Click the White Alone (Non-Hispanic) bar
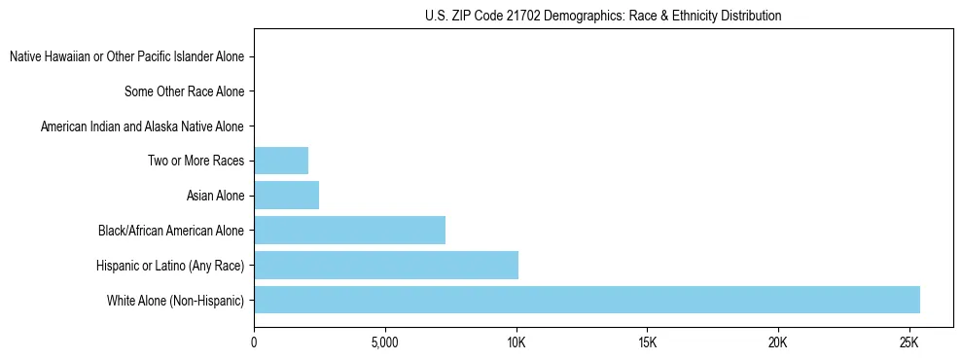click(x=587, y=300)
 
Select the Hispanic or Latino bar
click(x=386, y=265)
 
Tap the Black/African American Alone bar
click(x=349, y=231)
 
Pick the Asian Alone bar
click(x=286, y=196)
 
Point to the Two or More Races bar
click(x=281, y=161)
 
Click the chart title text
click(x=603, y=16)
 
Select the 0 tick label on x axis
click(x=254, y=342)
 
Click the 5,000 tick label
click(x=385, y=342)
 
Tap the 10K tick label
click(x=517, y=342)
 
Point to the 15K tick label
click(x=647, y=342)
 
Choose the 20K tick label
click(x=778, y=342)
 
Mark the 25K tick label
click(x=909, y=342)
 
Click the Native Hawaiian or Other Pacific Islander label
click(x=126, y=57)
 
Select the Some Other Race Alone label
click(x=184, y=92)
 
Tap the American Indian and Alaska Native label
click(x=142, y=126)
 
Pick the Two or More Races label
click(x=196, y=162)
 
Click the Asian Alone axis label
click(x=215, y=197)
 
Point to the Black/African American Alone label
click(x=171, y=231)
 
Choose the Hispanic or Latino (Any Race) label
click(x=170, y=266)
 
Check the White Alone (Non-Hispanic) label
click(x=176, y=301)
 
